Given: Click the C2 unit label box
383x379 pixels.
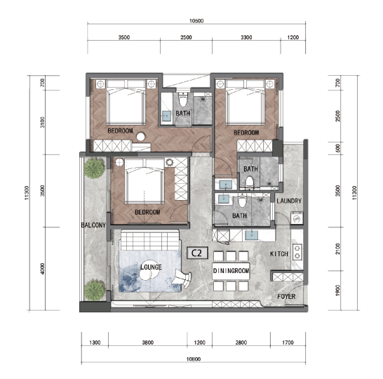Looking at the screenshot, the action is coord(197,253).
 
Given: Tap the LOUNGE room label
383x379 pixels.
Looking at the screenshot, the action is coord(151,267).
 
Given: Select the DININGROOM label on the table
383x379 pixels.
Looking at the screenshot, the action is coord(231,270).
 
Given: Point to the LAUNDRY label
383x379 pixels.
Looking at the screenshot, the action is coord(289,201).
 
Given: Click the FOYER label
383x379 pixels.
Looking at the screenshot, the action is coord(286,296).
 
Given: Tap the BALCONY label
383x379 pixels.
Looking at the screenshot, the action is coord(93,225).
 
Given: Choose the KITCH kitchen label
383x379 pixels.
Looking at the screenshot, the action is coord(279,254).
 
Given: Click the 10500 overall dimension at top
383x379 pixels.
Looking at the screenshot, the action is coord(196,21).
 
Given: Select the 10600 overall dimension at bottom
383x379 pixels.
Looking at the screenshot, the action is coord(194,359).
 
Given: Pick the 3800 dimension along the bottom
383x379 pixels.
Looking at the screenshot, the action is coord(148,343).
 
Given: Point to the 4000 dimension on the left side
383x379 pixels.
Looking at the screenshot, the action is coord(43,269).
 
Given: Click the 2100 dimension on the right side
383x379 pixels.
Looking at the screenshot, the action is coord(338,248).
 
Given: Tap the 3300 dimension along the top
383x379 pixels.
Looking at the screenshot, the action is coord(246,37).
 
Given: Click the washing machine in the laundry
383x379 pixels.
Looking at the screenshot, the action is coord(297,218).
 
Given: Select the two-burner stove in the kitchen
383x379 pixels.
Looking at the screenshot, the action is coord(297,252).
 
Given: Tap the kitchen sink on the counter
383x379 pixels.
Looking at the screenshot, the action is coord(251,235).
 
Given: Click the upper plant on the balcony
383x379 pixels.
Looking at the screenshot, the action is coord(94,168).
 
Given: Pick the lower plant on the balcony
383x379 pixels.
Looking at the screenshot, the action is coord(95,290).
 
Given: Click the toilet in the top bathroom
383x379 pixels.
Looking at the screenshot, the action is coord(182,100).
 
